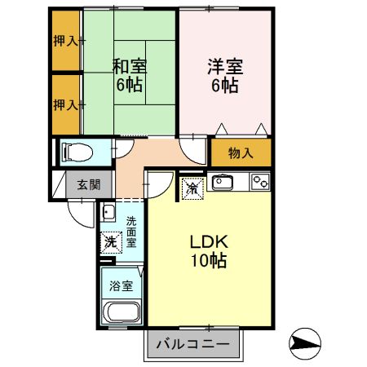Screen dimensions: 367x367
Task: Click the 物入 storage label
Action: coord(241,153)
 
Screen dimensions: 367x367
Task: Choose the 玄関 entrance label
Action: coord(89,184)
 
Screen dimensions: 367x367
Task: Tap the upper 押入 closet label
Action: coord(65,40)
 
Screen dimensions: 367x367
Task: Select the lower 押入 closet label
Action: coord(65,104)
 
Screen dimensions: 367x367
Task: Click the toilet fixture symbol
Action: coord(77,152)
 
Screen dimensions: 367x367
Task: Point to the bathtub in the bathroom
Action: coord(122,313)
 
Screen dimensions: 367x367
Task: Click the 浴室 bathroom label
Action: coord(121,285)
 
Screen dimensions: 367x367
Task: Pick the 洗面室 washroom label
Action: coord(131,232)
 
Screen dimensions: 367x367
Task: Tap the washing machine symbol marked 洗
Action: coord(110,242)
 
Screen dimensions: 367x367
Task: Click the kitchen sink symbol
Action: coord(223,181)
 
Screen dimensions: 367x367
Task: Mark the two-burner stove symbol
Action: coord(260,181)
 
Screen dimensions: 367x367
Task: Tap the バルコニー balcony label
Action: coord(194,344)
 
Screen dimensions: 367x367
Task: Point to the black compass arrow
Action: coord(304,344)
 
